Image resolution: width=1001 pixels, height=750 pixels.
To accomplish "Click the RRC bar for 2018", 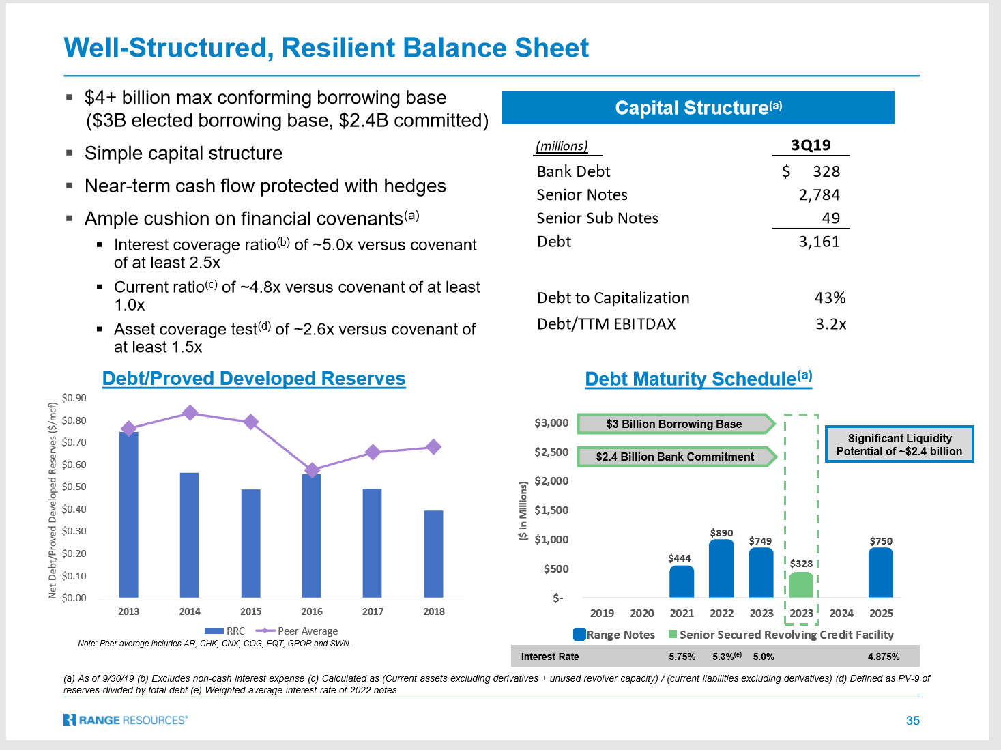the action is [x=433, y=554].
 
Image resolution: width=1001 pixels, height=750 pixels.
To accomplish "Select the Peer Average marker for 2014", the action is [x=190, y=413].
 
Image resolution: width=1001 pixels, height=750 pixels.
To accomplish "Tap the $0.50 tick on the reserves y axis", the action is [x=74, y=487].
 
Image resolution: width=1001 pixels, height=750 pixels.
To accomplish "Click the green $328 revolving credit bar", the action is [x=801, y=585].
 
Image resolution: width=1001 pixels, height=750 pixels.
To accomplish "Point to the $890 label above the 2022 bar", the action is [x=721, y=532].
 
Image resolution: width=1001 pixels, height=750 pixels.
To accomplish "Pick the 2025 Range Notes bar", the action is [x=881, y=573].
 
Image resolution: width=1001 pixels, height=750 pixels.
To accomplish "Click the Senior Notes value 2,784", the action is [x=819, y=194].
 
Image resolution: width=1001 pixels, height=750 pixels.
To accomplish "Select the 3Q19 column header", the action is [x=811, y=145].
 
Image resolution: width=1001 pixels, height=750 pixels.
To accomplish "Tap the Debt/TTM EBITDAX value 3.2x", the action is [x=830, y=323].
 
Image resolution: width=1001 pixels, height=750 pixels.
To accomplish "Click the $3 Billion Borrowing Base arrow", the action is [x=676, y=424].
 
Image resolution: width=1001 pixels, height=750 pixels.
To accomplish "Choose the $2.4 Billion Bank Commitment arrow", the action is [x=677, y=457].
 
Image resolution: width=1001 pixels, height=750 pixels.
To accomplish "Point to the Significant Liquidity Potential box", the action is [x=899, y=444].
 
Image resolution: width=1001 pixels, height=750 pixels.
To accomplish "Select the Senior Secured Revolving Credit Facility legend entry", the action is [x=781, y=635].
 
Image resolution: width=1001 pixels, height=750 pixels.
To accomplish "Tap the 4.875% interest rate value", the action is [x=884, y=657].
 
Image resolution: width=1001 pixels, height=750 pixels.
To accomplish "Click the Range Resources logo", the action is [x=126, y=720].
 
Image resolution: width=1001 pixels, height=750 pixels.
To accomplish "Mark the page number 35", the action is [x=912, y=721].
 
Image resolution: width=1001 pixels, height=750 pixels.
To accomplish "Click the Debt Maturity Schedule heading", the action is [x=699, y=379].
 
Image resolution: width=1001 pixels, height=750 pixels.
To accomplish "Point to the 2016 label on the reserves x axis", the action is [x=311, y=611].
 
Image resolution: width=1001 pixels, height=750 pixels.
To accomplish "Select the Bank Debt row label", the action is [x=573, y=171].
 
